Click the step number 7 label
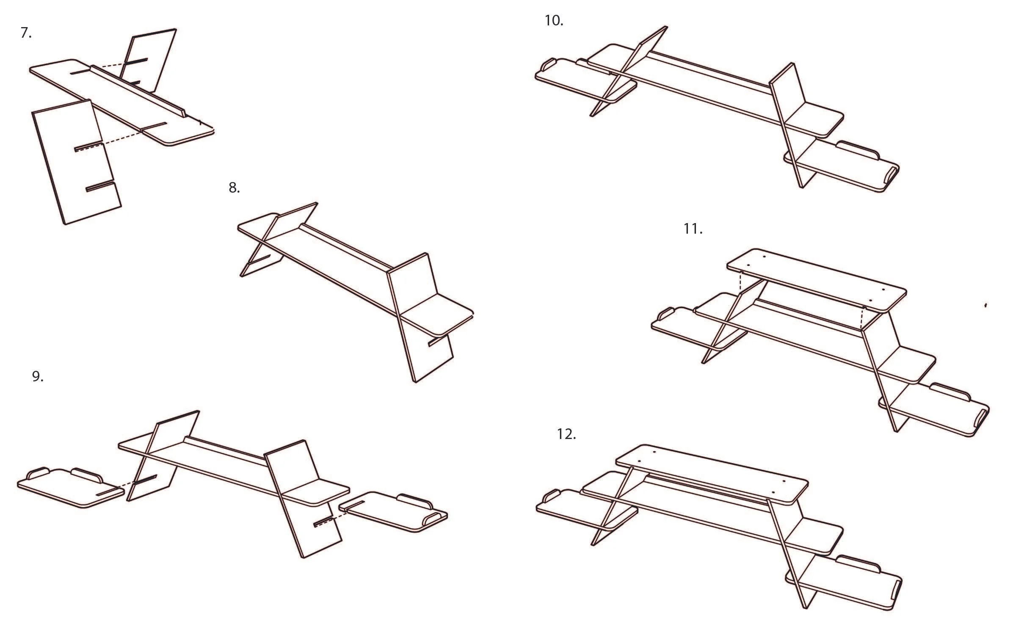click(26, 33)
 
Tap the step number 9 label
click(38, 376)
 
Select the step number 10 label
click(553, 20)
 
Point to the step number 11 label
click(693, 229)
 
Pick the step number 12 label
click(566, 434)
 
